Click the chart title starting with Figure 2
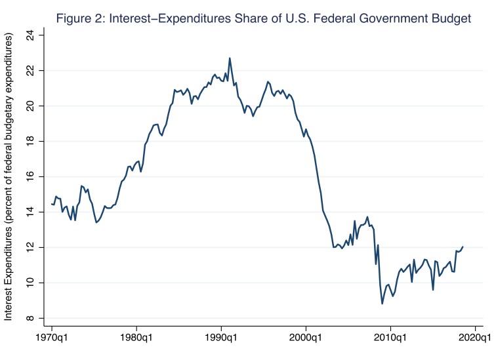point(264,18)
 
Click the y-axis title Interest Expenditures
point(9,178)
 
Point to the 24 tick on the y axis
point(30,34)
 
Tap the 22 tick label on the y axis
point(30,70)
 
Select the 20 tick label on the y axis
point(30,106)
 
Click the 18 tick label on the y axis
point(30,141)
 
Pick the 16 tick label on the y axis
point(30,176)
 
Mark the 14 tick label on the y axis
point(30,212)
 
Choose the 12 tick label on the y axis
point(30,247)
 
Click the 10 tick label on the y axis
point(30,283)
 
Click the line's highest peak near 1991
point(230,58)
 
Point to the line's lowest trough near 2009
point(382,304)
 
